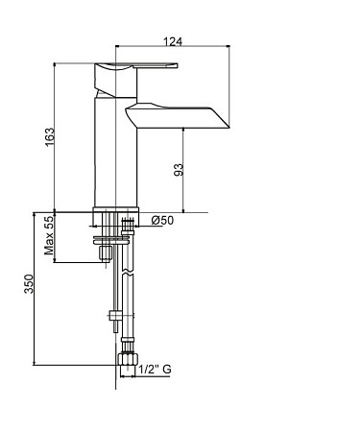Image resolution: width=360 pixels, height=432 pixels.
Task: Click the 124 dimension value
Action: pos(173,41)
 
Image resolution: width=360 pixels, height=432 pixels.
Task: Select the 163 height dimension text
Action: pos(50,137)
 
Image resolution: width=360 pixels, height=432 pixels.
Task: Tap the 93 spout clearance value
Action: pos(179,170)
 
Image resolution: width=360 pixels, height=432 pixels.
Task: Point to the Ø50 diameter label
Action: pos(162,220)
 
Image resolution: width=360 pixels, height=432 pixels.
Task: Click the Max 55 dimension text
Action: pos(49,235)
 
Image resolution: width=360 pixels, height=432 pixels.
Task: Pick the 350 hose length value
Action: pos(29,283)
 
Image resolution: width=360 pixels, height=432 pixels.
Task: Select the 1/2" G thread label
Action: pos(156,370)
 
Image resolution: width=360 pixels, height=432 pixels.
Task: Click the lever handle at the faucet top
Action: pos(136,66)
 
